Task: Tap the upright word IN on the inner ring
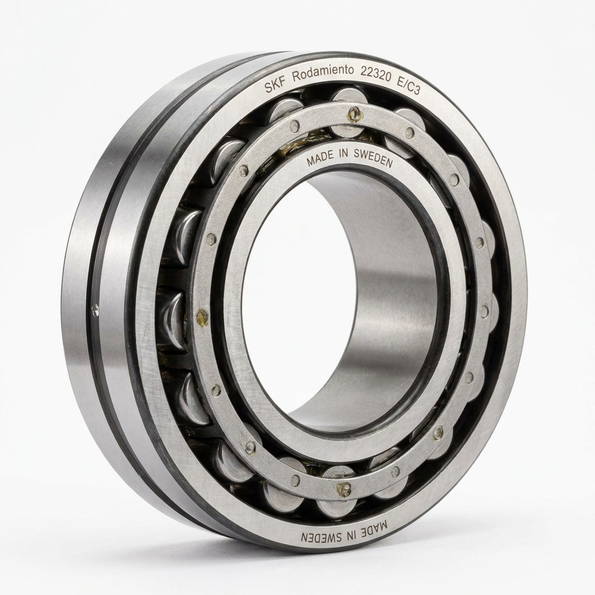click(343, 154)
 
